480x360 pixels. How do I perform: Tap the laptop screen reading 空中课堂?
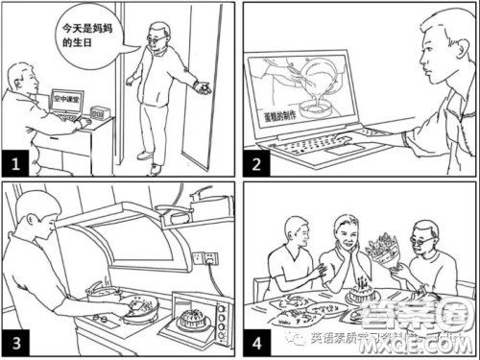67,99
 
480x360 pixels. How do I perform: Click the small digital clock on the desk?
98,111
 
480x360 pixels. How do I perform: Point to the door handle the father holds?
200,89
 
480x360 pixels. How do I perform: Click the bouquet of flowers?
385,252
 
